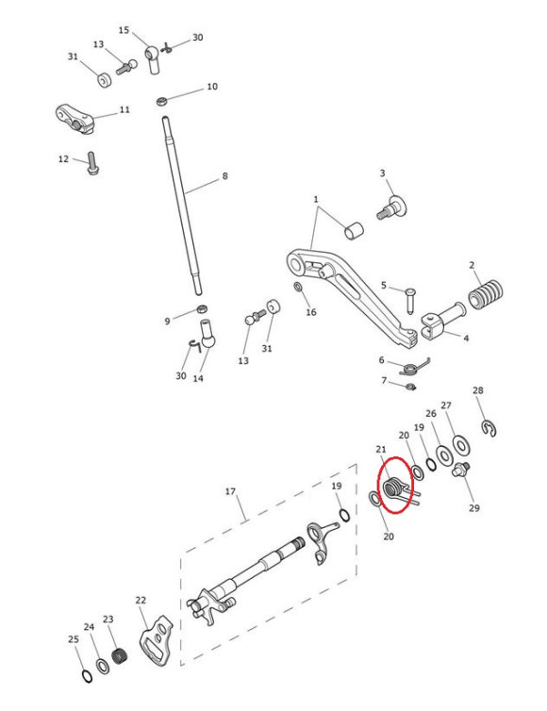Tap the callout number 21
(381, 450)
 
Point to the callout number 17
(229, 491)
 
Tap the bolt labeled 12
(91, 164)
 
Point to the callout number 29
(473, 507)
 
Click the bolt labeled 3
(390, 205)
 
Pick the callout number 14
(198, 379)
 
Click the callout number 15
(124, 30)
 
